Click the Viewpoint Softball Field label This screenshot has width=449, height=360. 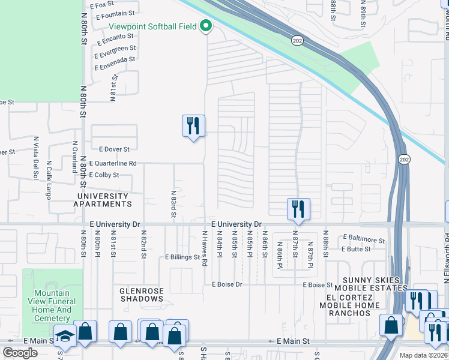(x=153, y=26)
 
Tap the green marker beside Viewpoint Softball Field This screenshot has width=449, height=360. (x=206, y=26)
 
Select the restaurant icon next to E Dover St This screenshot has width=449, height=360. (x=193, y=126)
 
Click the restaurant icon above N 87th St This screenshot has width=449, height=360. (x=298, y=209)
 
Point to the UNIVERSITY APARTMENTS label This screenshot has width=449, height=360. (x=102, y=200)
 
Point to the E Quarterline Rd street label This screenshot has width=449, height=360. (x=113, y=163)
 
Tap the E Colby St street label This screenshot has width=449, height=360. (x=104, y=175)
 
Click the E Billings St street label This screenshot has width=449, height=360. (x=182, y=257)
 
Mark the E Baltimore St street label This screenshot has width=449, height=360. (x=364, y=238)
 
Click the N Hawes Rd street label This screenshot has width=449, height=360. (x=204, y=248)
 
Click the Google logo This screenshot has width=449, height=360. (x=20, y=353)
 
